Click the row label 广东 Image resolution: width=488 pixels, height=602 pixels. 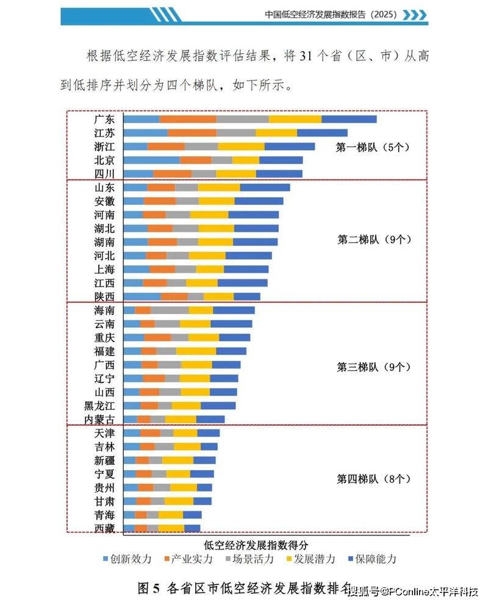(104, 120)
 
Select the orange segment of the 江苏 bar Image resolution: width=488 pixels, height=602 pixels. (192, 133)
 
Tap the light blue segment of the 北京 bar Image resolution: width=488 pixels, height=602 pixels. (151, 160)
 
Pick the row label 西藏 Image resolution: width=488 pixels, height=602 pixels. (104, 528)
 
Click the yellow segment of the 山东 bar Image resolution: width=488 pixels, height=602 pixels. (218, 187)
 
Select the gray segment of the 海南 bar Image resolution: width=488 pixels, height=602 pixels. (169, 310)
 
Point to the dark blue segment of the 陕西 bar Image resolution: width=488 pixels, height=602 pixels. (247, 296)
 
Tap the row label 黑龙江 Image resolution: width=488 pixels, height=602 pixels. (99, 406)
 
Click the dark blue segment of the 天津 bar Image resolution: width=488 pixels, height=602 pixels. (209, 433)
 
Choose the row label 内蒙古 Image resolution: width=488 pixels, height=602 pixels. (99, 420)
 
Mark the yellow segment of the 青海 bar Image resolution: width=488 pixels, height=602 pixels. (171, 515)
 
